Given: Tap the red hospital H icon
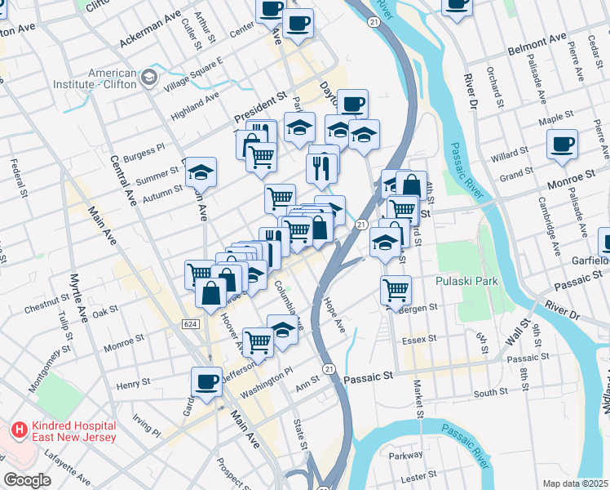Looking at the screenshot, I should pos(17,429).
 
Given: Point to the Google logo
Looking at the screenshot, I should pos(27,480).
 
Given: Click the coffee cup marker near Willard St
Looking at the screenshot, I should pos(562,145).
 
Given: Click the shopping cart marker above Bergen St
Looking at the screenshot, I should pos(396,289).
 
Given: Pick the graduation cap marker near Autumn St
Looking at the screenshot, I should pos(201,172).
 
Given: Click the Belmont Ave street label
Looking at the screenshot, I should pos(537,38).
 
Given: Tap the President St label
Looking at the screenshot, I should pos(262,107).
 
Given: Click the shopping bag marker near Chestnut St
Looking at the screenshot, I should pos(210,294).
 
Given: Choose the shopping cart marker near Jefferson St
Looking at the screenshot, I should pos(259,342).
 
